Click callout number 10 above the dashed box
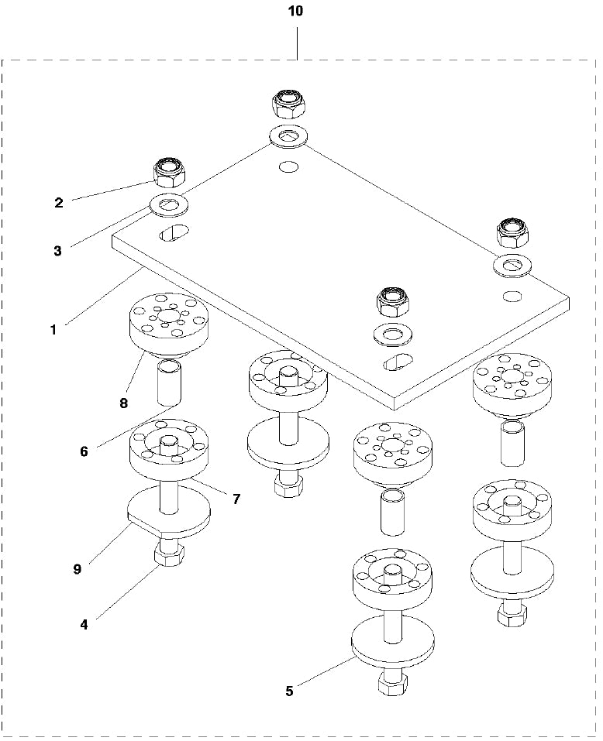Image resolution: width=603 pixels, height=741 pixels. (296, 12)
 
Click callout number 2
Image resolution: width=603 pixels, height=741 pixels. (58, 203)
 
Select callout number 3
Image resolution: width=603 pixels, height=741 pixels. (57, 250)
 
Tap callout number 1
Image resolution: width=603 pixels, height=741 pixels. (53, 329)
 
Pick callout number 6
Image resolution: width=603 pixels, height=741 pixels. (84, 451)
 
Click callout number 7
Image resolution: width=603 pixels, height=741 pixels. (236, 499)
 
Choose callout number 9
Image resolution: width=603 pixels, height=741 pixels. (77, 568)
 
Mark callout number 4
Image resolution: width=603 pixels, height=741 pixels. (84, 623)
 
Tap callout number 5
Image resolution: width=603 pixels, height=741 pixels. (289, 691)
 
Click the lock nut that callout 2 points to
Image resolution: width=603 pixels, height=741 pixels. (169, 173)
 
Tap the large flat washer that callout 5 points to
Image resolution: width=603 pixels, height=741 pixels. (392, 641)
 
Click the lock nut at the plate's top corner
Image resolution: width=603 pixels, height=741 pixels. (288, 103)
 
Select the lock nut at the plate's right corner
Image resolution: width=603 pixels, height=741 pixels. (512, 230)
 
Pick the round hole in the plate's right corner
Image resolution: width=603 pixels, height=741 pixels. (511, 296)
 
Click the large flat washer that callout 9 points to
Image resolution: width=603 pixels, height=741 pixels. (168, 511)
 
